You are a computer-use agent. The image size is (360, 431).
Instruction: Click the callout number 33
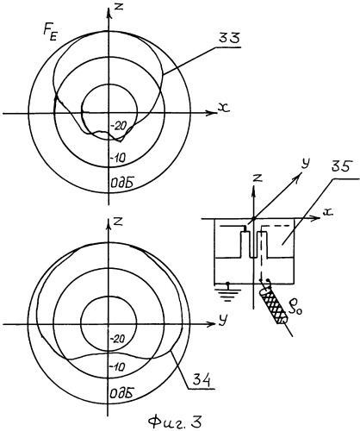tap(229, 39)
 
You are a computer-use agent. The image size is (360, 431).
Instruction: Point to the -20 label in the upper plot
tap(118, 126)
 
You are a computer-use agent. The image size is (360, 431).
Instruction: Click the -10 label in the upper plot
tap(118, 157)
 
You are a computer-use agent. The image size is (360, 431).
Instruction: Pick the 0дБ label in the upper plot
tap(121, 183)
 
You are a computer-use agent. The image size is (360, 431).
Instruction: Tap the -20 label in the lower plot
tap(118, 339)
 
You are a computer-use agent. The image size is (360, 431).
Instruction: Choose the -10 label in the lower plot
tap(118, 366)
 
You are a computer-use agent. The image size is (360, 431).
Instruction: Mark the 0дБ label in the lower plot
tap(121, 392)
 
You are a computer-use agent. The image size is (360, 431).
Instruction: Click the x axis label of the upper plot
tap(224, 108)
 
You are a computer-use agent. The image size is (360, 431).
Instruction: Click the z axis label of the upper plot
tap(118, 6)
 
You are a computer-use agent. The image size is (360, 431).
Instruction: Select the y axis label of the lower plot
tap(221, 321)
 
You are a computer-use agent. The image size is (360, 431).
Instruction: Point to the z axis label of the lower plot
tap(118, 222)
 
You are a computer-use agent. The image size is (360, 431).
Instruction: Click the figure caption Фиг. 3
tap(175, 422)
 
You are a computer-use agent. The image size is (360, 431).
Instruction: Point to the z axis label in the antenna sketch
tap(258, 178)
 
